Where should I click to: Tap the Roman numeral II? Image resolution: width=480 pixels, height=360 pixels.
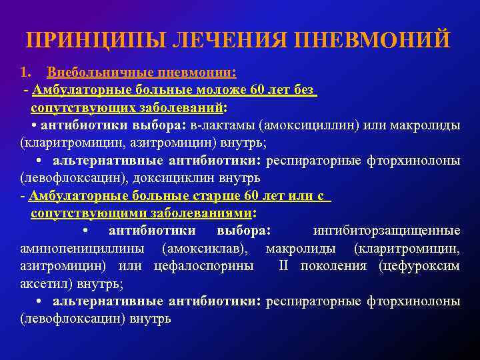tap(283, 266)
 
